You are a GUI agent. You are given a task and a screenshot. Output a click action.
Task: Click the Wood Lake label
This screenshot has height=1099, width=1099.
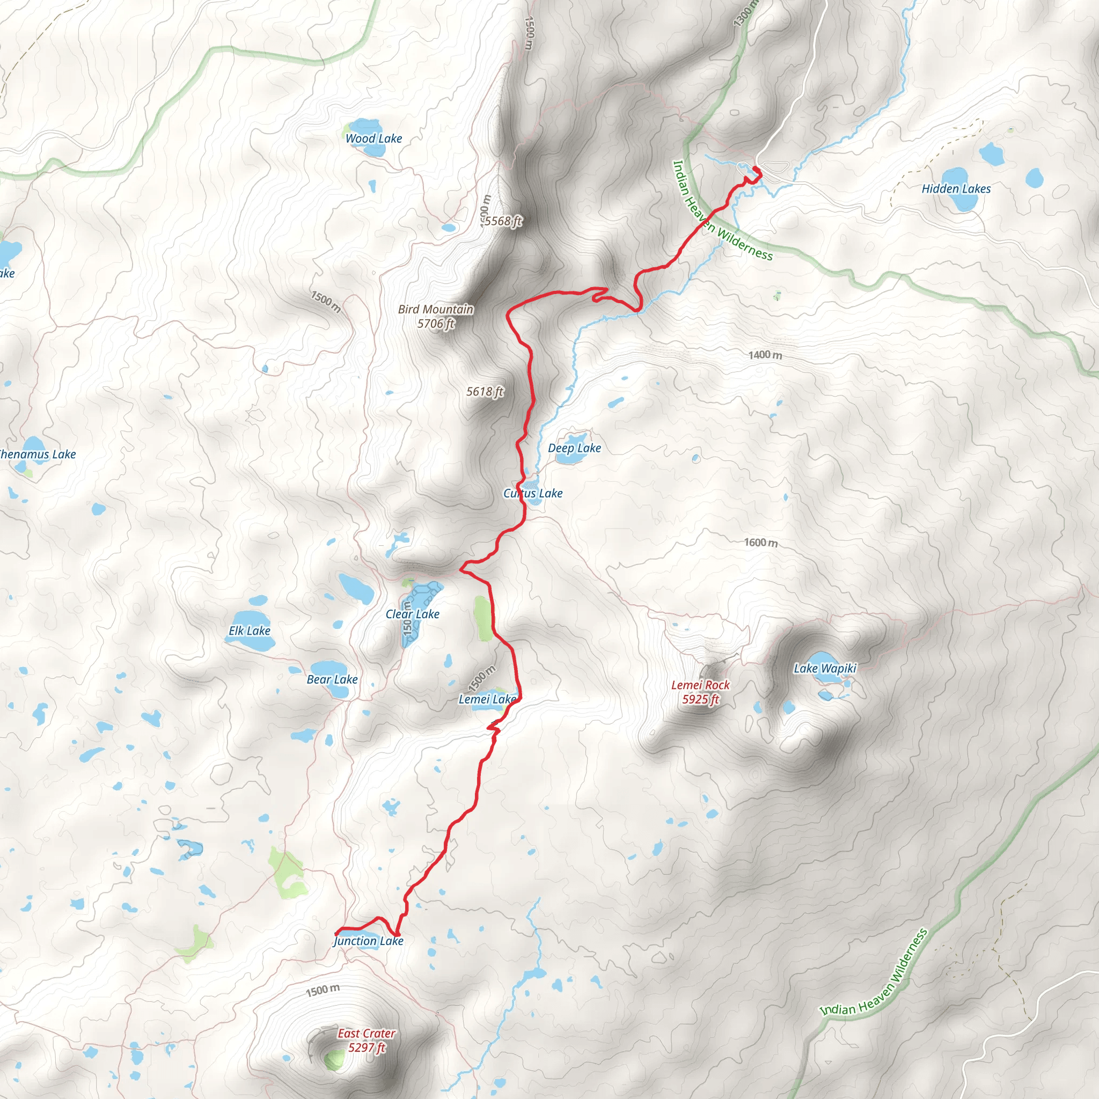[x=373, y=138]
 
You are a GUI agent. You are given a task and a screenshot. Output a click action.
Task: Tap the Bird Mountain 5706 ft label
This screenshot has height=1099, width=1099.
[x=436, y=316]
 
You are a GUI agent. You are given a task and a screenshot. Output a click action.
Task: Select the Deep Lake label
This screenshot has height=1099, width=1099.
[x=574, y=448]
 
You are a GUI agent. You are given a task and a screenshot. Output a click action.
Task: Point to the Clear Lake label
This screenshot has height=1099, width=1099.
[x=413, y=614]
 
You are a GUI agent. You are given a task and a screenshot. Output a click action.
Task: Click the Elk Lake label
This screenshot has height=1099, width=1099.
[x=249, y=631]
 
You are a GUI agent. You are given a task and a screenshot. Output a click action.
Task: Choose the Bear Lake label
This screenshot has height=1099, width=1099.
[x=332, y=679]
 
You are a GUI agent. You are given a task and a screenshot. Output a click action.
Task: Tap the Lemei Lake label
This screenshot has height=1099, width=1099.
[x=487, y=699]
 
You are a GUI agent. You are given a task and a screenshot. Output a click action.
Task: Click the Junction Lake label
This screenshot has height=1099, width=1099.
[x=369, y=941]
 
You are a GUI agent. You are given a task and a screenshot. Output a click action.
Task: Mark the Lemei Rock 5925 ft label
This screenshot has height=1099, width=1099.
[x=700, y=692]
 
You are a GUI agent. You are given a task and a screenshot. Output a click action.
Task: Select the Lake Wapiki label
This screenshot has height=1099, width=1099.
[x=825, y=669]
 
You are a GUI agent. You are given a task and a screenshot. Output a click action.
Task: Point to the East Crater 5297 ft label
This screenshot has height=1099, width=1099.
[x=367, y=1041]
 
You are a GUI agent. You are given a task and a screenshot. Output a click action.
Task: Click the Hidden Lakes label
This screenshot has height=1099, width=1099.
[x=956, y=189]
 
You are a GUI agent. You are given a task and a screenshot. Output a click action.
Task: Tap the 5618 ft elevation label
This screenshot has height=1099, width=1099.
[x=485, y=391]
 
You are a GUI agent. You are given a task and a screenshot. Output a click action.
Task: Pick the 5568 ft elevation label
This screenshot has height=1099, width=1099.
[x=503, y=221]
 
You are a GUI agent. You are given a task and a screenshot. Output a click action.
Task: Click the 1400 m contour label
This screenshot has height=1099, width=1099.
[x=765, y=355]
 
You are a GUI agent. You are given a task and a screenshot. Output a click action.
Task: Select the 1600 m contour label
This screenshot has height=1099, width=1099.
[x=760, y=542]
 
